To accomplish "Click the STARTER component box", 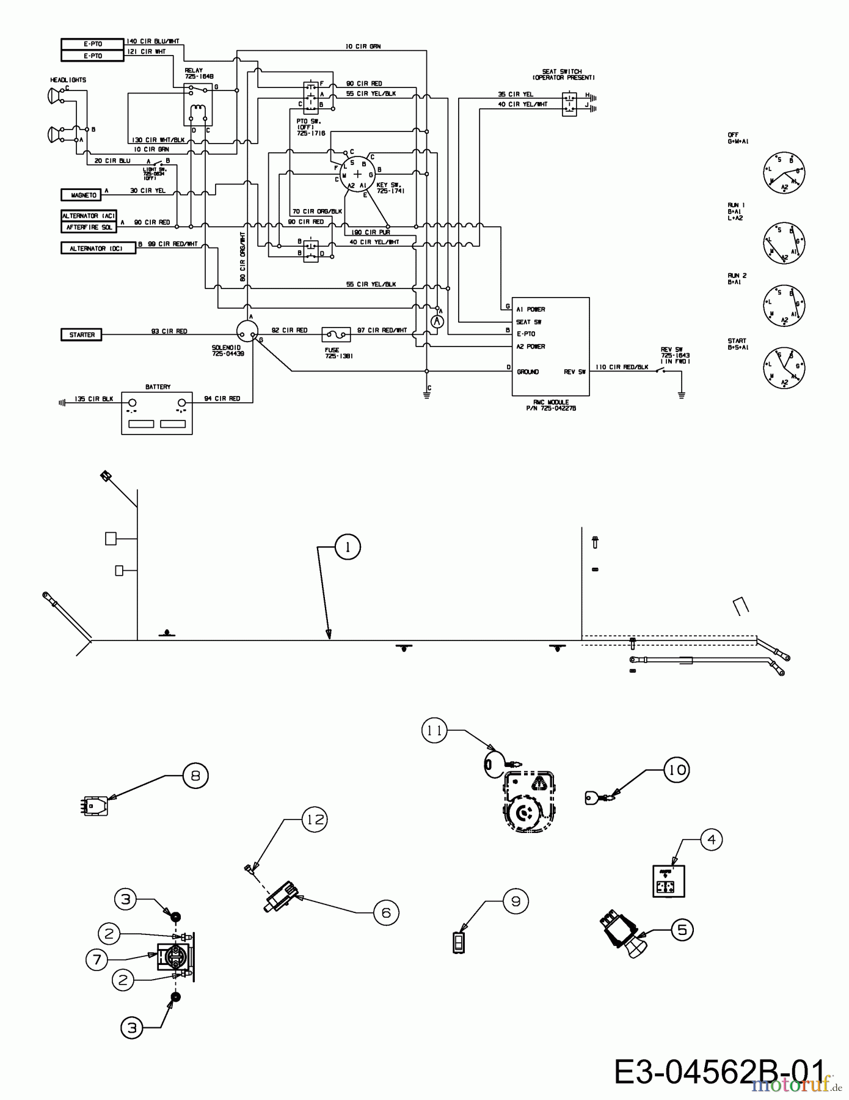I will click(x=82, y=335).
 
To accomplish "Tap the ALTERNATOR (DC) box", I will click(x=98, y=248).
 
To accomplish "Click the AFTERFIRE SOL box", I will click(x=89, y=227).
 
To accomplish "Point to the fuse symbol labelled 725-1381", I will click(x=335, y=334).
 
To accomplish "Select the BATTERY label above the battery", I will click(x=158, y=387).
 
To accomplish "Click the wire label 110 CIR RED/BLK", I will click(x=622, y=367).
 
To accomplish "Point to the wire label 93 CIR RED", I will click(x=169, y=331).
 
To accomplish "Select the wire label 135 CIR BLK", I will click(x=93, y=399).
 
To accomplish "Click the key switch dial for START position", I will click(x=784, y=367).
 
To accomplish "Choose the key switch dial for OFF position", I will click(x=784, y=173).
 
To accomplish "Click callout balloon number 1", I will click(x=348, y=547).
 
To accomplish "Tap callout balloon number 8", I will click(x=195, y=776).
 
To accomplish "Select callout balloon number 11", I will click(x=434, y=730).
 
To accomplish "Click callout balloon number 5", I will click(x=682, y=930).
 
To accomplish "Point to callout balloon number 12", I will click(x=315, y=819).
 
